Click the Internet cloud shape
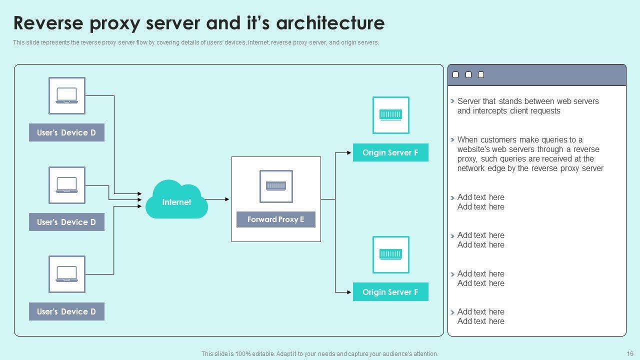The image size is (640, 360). [176, 200]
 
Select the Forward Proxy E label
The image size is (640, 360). [276, 219]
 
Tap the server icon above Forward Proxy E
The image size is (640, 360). [276, 186]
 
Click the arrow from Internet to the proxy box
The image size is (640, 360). [218, 199]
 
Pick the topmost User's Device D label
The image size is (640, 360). [66, 132]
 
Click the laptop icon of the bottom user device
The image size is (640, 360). [67, 274]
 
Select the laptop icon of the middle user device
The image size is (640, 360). [67, 185]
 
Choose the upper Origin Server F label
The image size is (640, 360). [390, 152]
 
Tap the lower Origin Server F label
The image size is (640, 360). [390, 292]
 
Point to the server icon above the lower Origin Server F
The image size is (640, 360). [390, 254]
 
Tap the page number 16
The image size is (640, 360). [629, 354]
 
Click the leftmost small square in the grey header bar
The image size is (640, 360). [455, 75]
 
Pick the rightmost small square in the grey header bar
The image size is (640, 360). [481, 75]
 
